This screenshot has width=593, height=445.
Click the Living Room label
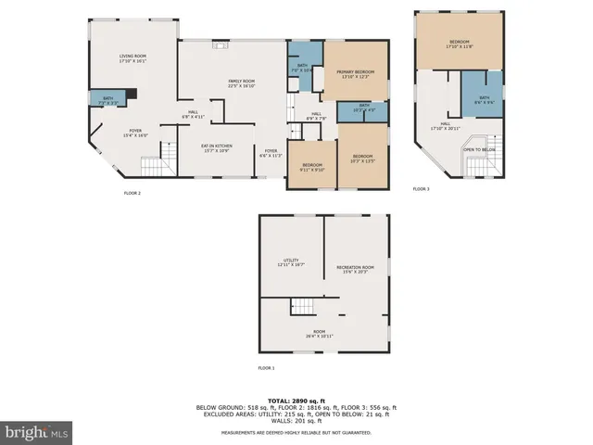(x=133, y=58)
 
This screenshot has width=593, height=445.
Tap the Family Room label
(x=242, y=83)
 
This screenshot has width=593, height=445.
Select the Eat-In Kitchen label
(x=217, y=147)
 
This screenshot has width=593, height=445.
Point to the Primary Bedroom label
(x=356, y=73)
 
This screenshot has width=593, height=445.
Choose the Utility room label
(x=292, y=262)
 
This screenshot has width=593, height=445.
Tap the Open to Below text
(x=479, y=149)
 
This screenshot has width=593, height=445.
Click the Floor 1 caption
(x=266, y=368)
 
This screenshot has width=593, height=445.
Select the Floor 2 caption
(x=132, y=193)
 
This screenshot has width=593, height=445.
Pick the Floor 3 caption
(x=421, y=188)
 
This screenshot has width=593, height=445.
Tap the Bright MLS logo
(x=37, y=431)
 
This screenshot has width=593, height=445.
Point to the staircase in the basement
(x=303, y=308)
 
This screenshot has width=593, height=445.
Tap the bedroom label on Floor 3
(x=460, y=43)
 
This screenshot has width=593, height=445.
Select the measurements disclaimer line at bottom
(x=296, y=433)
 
